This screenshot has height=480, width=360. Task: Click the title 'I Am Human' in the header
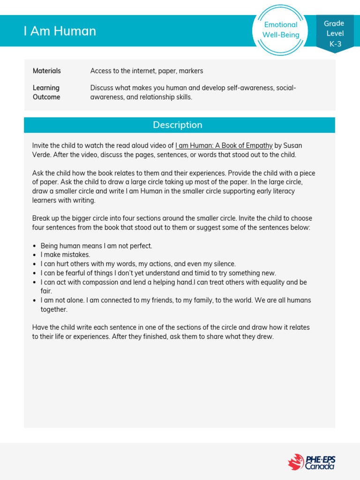60,31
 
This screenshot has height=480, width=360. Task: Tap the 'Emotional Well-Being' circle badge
280,30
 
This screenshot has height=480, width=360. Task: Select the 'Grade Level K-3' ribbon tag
335,33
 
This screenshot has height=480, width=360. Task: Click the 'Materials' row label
46,71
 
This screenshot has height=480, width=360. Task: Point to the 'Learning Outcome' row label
46,92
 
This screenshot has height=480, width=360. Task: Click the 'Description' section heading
178,125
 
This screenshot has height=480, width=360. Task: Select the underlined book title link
224,145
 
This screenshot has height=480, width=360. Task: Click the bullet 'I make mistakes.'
65,255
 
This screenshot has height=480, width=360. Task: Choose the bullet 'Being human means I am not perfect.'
96,246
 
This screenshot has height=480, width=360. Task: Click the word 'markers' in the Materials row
191,71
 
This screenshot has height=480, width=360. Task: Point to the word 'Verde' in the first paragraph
41,155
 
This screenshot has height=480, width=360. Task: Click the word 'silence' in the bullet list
223,263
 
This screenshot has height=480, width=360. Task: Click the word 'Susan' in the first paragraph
293,145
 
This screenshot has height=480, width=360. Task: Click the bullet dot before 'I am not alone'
35,300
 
